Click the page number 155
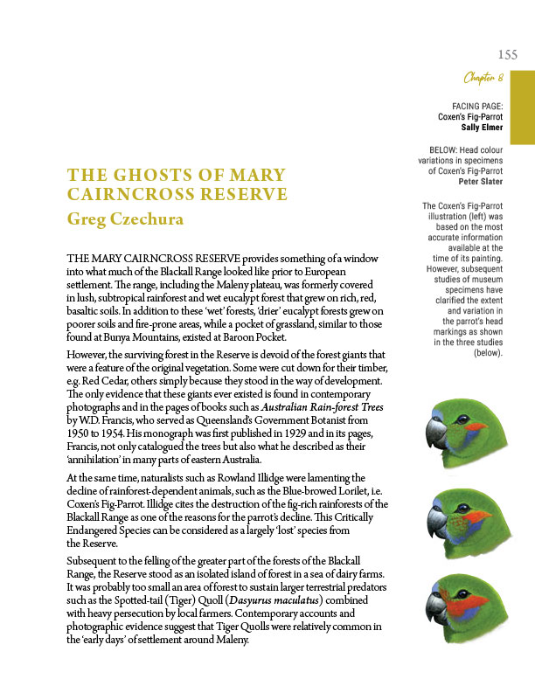pyautogui.click(x=507, y=54)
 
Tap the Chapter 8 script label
pyautogui.click(x=483, y=80)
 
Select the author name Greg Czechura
pyautogui.click(x=125, y=218)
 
